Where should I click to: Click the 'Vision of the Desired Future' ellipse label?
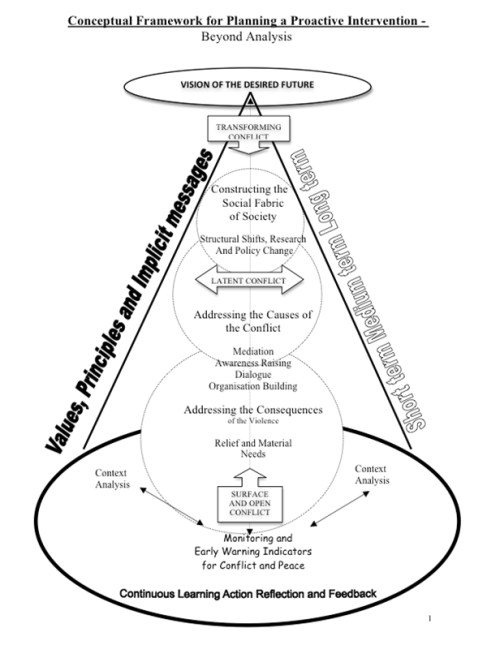pos(247,85)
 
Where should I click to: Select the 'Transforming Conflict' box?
pos(248,129)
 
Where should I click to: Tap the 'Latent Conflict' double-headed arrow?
pos(249,280)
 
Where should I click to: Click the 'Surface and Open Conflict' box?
pos(250,503)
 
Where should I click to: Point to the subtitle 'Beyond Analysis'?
pos(246,37)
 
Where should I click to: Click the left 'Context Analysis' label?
pos(112,479)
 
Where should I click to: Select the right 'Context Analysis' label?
pos(372,475)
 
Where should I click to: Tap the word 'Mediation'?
pos(253,351)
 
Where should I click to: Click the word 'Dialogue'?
pos(253,375)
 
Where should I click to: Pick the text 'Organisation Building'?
pos(253,386)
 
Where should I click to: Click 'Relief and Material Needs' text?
pos(253,448)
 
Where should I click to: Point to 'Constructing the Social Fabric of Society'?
pos(250,203)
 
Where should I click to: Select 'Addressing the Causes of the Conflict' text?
pos(252,321)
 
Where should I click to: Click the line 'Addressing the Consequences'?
pos(253,410)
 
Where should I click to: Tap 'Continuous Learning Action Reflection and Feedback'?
pos(248,594)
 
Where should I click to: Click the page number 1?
pos(430,618)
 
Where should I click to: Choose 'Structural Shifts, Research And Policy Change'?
pos(253,245)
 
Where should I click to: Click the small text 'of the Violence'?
pos(253,421)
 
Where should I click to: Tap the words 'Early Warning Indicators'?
pos(253,551)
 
